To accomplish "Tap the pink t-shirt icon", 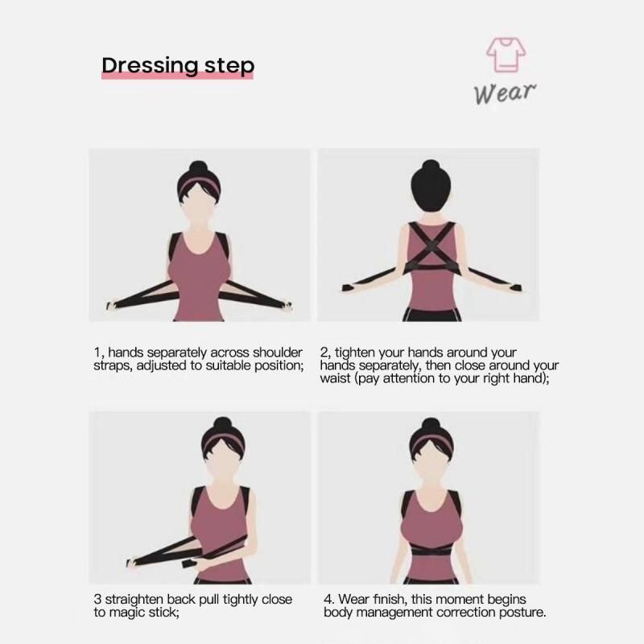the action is [x=506, y=55].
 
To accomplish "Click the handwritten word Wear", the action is [x=505, y=93].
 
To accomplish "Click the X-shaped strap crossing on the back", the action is [x=431, y=246].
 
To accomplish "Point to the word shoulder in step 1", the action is [x=278, y=353].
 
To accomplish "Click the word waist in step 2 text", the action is [x=336, y=378].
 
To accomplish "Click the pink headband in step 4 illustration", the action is [x=431, y=442].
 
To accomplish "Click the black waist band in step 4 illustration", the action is [x=431, y=550].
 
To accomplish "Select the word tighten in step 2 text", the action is [x=354, y=353].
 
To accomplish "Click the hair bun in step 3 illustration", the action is [x=223, y=424].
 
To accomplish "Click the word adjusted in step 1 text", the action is [x=162, y=365].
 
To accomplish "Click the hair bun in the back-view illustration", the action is [x=431, y=167].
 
